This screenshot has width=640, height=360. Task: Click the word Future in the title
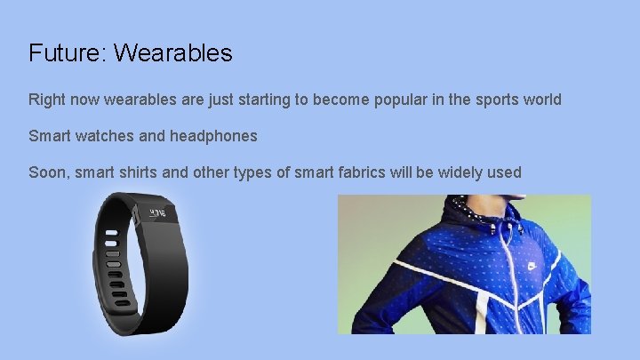coord(65,53)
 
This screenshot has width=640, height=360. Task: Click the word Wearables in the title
coord(173,53)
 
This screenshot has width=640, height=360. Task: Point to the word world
coord(542,100)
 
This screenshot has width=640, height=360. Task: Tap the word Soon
coord(46,172)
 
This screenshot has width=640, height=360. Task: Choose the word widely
coord(461,172)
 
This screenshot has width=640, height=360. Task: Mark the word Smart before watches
coord(50,136)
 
